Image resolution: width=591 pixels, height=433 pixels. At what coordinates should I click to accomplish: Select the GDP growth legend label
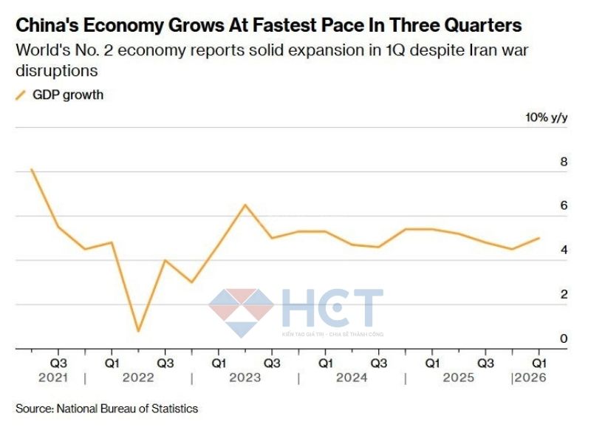[68, 95]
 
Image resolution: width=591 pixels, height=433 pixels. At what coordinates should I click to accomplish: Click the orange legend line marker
[21, 95]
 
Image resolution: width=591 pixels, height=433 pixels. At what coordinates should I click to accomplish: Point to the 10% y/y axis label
[546, 117]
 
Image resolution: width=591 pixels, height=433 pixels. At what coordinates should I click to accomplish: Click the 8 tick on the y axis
[564, 162]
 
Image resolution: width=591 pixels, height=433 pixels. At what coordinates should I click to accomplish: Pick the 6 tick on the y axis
[564, 206]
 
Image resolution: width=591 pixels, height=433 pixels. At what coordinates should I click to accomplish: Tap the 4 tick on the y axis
[564, 250]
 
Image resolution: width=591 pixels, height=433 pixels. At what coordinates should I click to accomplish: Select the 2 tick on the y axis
[564, 295]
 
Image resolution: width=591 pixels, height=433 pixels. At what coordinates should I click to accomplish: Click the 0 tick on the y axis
[564, 339]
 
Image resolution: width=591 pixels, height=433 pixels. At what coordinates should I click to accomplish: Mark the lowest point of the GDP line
[138, 330]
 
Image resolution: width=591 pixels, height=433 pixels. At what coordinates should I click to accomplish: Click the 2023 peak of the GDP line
[245, 205]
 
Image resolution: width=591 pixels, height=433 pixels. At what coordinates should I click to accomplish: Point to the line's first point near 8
[31, 169]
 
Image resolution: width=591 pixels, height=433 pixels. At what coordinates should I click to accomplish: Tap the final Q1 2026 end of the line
[539, 238]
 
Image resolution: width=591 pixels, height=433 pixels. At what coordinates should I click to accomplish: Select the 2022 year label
[138, 378]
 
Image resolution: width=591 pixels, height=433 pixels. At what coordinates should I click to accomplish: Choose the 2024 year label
[352, 378]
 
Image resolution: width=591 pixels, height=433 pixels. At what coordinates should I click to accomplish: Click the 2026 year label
[530, 378]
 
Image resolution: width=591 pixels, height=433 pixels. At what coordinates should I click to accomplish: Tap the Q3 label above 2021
[58, 364]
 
